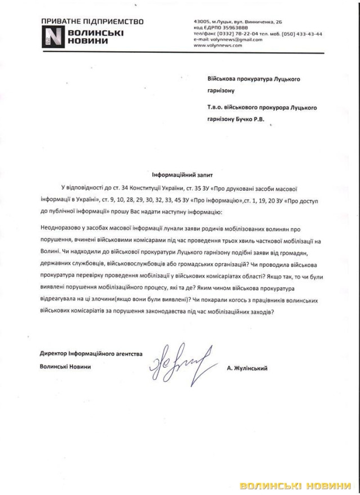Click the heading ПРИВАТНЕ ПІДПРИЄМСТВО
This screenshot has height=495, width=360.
[x=92, y=22]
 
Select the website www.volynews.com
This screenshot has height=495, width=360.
[x=217, y=46]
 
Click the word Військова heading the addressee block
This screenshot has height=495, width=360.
[x=223, y=79]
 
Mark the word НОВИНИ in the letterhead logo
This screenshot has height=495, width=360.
[x=84, y=42]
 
